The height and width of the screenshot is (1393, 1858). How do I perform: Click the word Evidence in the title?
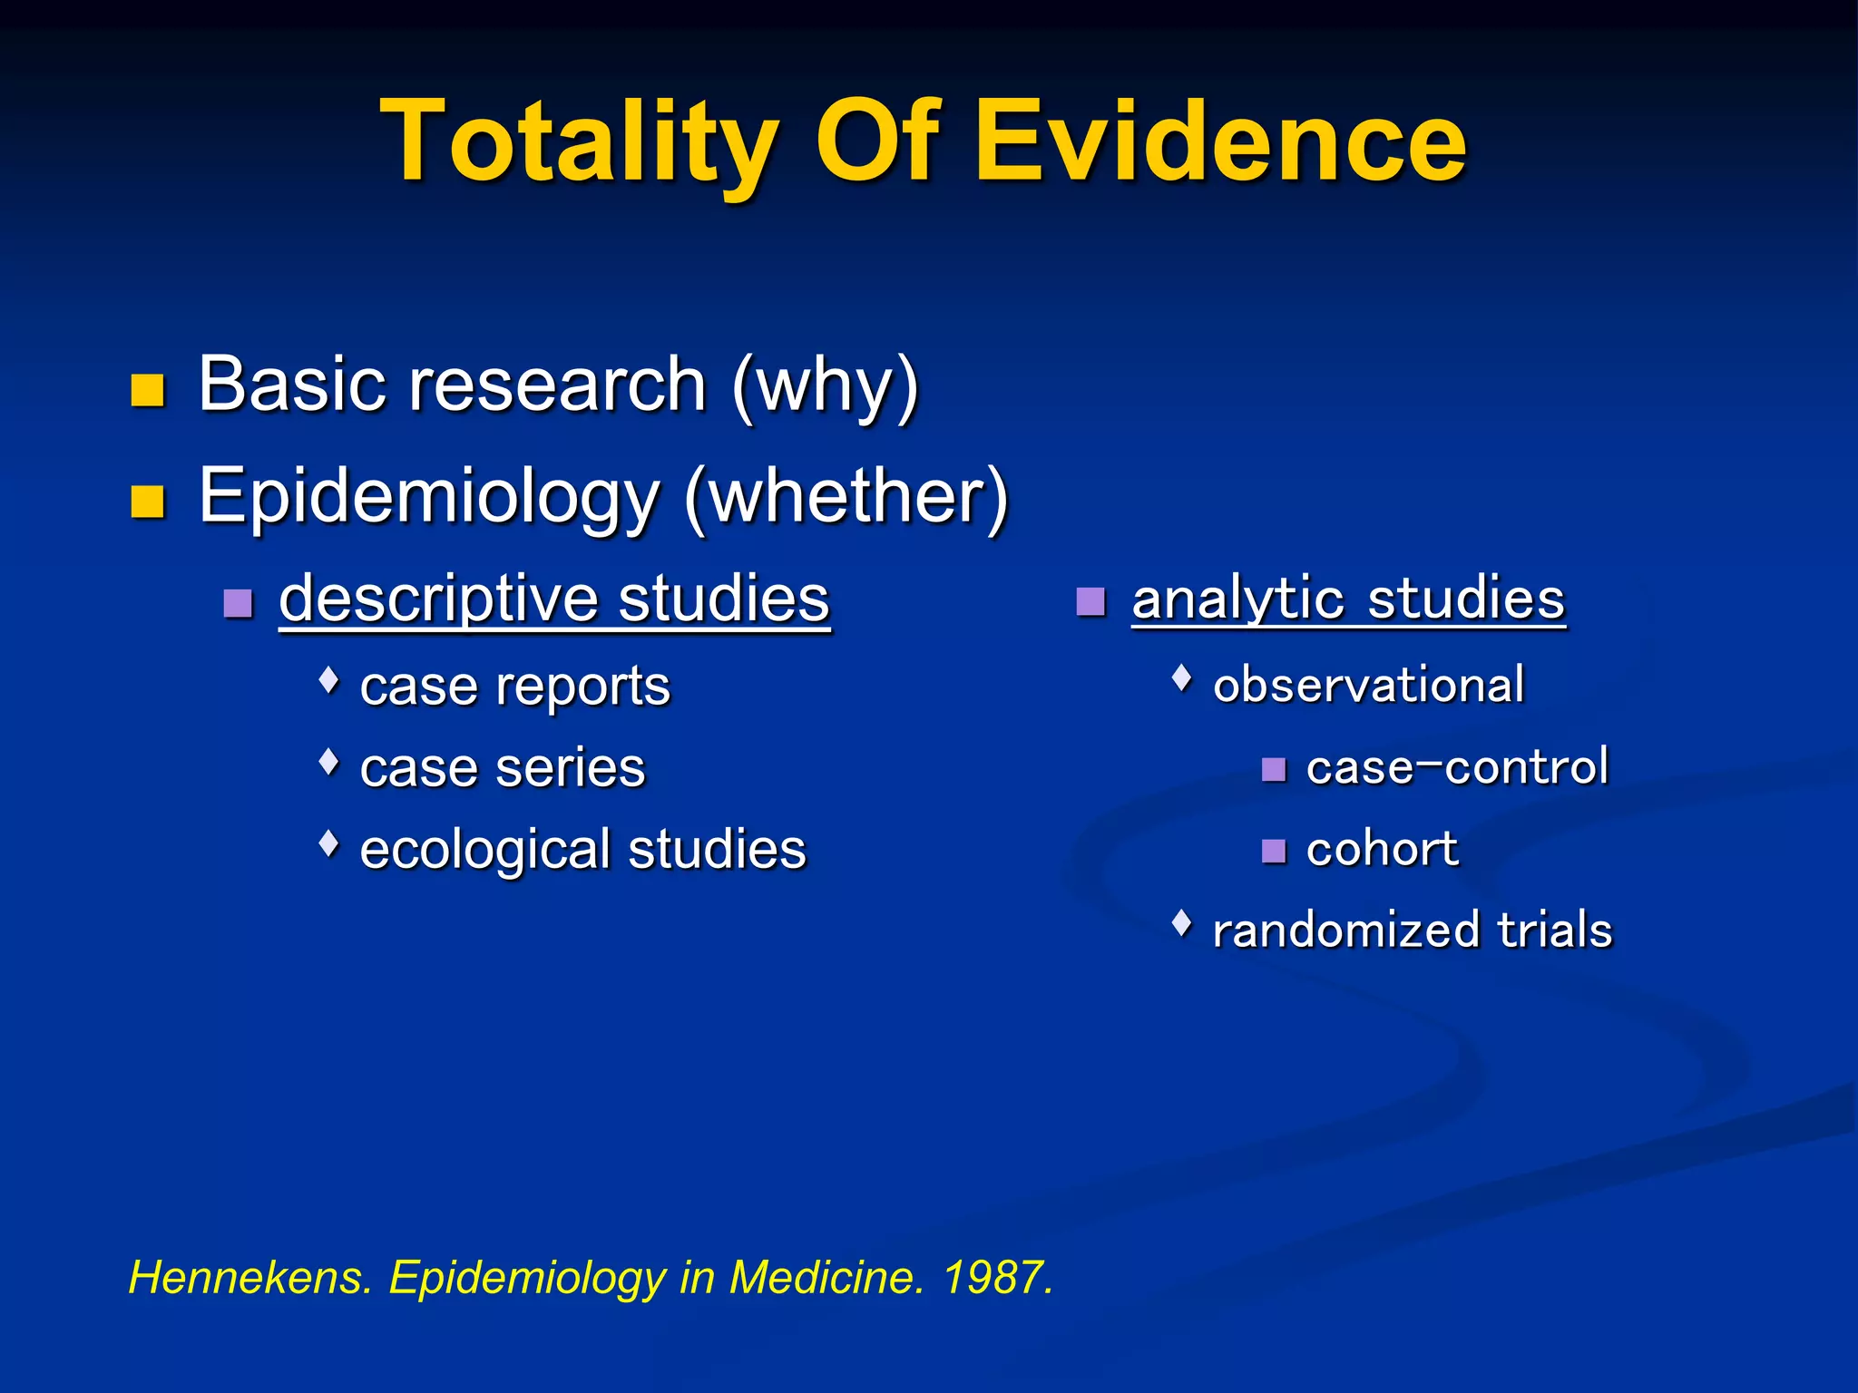point(1219,143)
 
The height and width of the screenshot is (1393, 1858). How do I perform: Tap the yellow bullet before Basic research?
point(147,390)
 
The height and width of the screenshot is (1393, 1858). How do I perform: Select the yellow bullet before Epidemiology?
point(147,501)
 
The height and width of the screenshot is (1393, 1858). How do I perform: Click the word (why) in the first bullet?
point(826,386)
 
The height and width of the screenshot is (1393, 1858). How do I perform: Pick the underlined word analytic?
point(1239,599)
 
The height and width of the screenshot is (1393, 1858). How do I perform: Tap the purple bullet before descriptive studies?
point(238,603)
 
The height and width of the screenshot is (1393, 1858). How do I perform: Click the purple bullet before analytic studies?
point(1090,601)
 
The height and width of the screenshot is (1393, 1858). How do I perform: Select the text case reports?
point(514,687)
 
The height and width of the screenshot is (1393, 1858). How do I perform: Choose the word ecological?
point(484,851)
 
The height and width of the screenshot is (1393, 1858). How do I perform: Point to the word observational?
point(1368,685)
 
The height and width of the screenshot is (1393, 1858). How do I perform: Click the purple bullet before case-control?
point(1274,770)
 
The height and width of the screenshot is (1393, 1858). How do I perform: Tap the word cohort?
point(1382,850)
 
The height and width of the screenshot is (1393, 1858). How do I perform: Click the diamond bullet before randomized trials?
point(1181,923)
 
